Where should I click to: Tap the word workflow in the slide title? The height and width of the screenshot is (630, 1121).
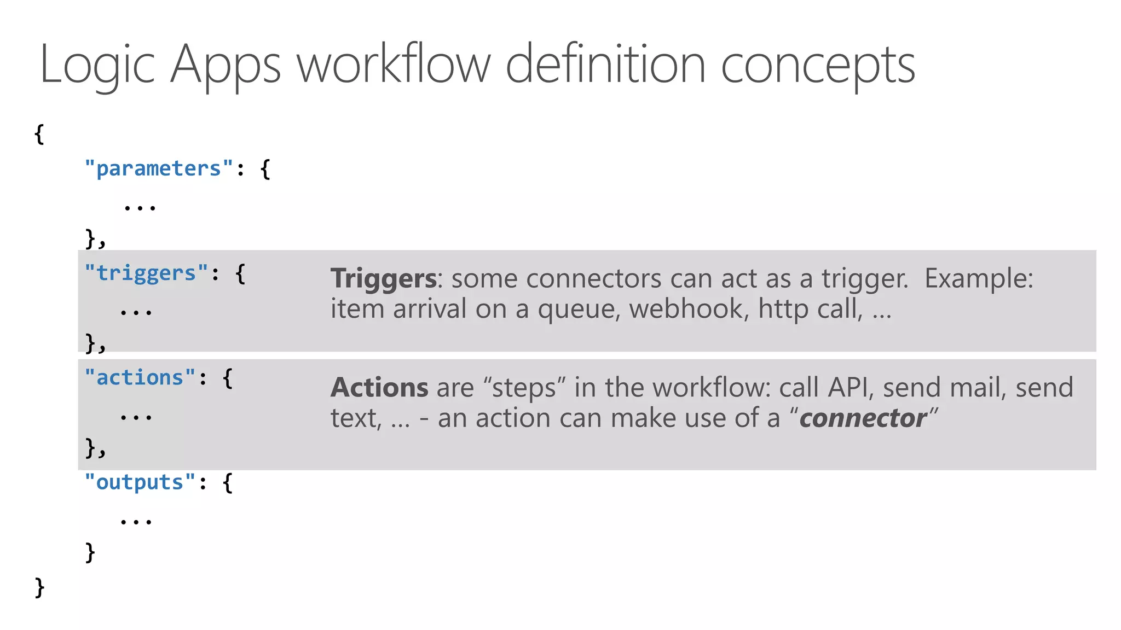click(x=394, y=64)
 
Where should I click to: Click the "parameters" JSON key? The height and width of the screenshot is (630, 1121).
click(x=159, y=168)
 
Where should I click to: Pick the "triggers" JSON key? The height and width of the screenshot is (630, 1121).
click(x=146, y=273)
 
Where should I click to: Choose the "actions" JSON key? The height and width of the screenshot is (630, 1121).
click(x=140, y=377)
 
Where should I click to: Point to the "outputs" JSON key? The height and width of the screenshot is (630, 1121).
click(x=140, y=482)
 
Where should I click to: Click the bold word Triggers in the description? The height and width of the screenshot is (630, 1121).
click(x=383, y=279)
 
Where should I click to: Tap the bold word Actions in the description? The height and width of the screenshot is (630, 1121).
click(x=379, y=387)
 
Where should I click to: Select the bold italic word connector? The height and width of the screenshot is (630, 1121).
click(x=863, y=418)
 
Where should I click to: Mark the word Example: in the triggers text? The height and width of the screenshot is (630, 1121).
click(x=979, y=279)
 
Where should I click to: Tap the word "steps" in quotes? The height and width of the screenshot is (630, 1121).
click(x=524, y=388)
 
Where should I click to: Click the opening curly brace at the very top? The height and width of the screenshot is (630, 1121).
click(x=39, y=133)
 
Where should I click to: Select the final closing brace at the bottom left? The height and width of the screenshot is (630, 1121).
click(x=39, y=587)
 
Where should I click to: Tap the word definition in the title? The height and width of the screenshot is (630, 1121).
click(x=605, y=64)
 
